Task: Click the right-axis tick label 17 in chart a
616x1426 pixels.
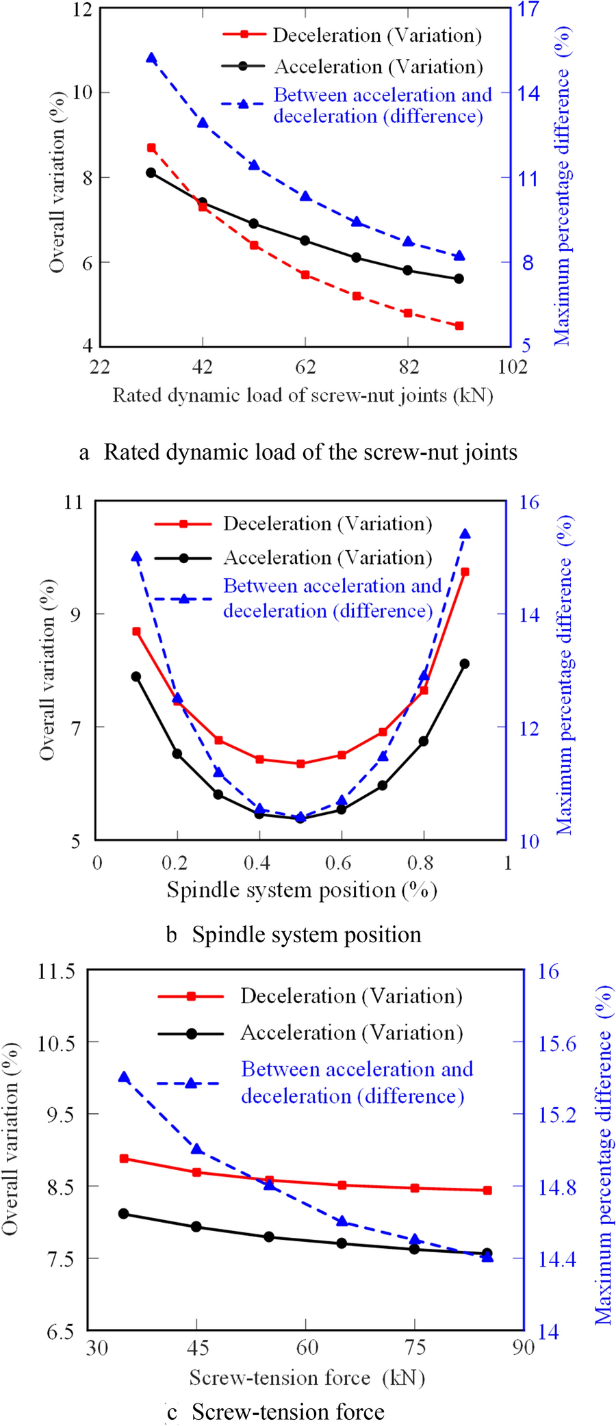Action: (528, 10)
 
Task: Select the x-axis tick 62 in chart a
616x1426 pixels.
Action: (305, 367)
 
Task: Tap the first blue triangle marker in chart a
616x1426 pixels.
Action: (151, 58)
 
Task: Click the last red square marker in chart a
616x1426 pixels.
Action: (459, 326)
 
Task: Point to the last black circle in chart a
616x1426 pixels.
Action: (459, 278)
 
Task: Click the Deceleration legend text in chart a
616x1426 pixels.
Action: (377, 36)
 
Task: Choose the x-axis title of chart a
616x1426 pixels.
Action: (303, 396)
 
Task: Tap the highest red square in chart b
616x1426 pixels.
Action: (465, 572)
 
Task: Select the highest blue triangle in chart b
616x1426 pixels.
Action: (465, 534)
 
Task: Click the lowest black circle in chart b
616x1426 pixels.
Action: (300, 818)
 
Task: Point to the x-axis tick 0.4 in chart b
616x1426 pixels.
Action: (257, 863)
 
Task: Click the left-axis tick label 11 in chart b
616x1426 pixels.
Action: (73, 502)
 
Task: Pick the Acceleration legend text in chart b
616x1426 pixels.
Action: (328, 558)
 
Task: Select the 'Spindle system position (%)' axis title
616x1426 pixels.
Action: (302, 890)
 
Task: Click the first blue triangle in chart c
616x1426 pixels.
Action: (124, 1078)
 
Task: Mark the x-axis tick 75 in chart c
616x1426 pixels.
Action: (415, 1347)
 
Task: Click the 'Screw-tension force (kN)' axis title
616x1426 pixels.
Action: (307, 1377)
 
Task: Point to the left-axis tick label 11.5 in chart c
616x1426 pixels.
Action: (56, 972)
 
